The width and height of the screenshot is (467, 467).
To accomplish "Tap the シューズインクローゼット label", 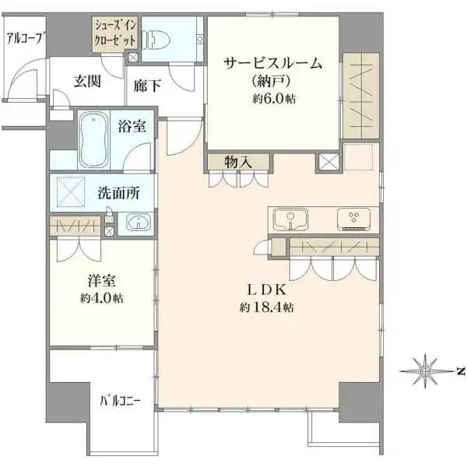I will click(116, 33).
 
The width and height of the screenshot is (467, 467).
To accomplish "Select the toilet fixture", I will click(159, 37).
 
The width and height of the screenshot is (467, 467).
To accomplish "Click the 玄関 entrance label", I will click(87, 82).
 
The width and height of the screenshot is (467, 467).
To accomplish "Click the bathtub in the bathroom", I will click(96, 140).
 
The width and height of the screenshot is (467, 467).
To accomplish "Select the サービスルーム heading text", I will click(272, 65).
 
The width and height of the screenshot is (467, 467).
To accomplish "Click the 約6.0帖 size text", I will click(272, 99).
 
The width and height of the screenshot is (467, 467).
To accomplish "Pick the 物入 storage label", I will click(237, 163).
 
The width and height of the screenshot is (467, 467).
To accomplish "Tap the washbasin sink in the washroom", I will click(137, 222).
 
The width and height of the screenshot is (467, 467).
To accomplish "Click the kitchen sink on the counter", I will click(289, 219).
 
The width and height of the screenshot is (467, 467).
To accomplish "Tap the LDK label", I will click(269, 290).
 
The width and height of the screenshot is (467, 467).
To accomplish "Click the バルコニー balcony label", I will click(121, 402).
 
